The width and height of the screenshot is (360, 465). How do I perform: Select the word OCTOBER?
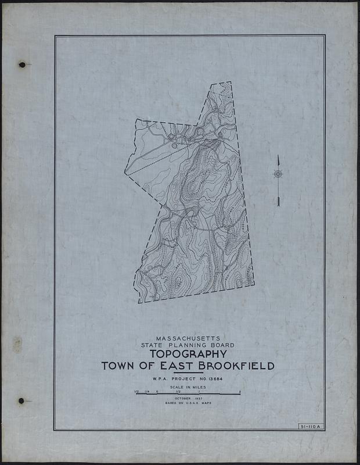[x=182, y=398]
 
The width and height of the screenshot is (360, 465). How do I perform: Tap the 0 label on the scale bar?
[x=157, y=391]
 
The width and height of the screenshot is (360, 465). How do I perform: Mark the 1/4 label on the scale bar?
[x=146, y=391]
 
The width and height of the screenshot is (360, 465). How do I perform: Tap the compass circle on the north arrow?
[x=278, y=173]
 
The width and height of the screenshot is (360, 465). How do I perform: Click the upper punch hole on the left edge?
[x=21, y=65]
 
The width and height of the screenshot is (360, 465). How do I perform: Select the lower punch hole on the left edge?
[x=21, y=400]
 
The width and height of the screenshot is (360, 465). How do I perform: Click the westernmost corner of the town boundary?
[x=125, y=172]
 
